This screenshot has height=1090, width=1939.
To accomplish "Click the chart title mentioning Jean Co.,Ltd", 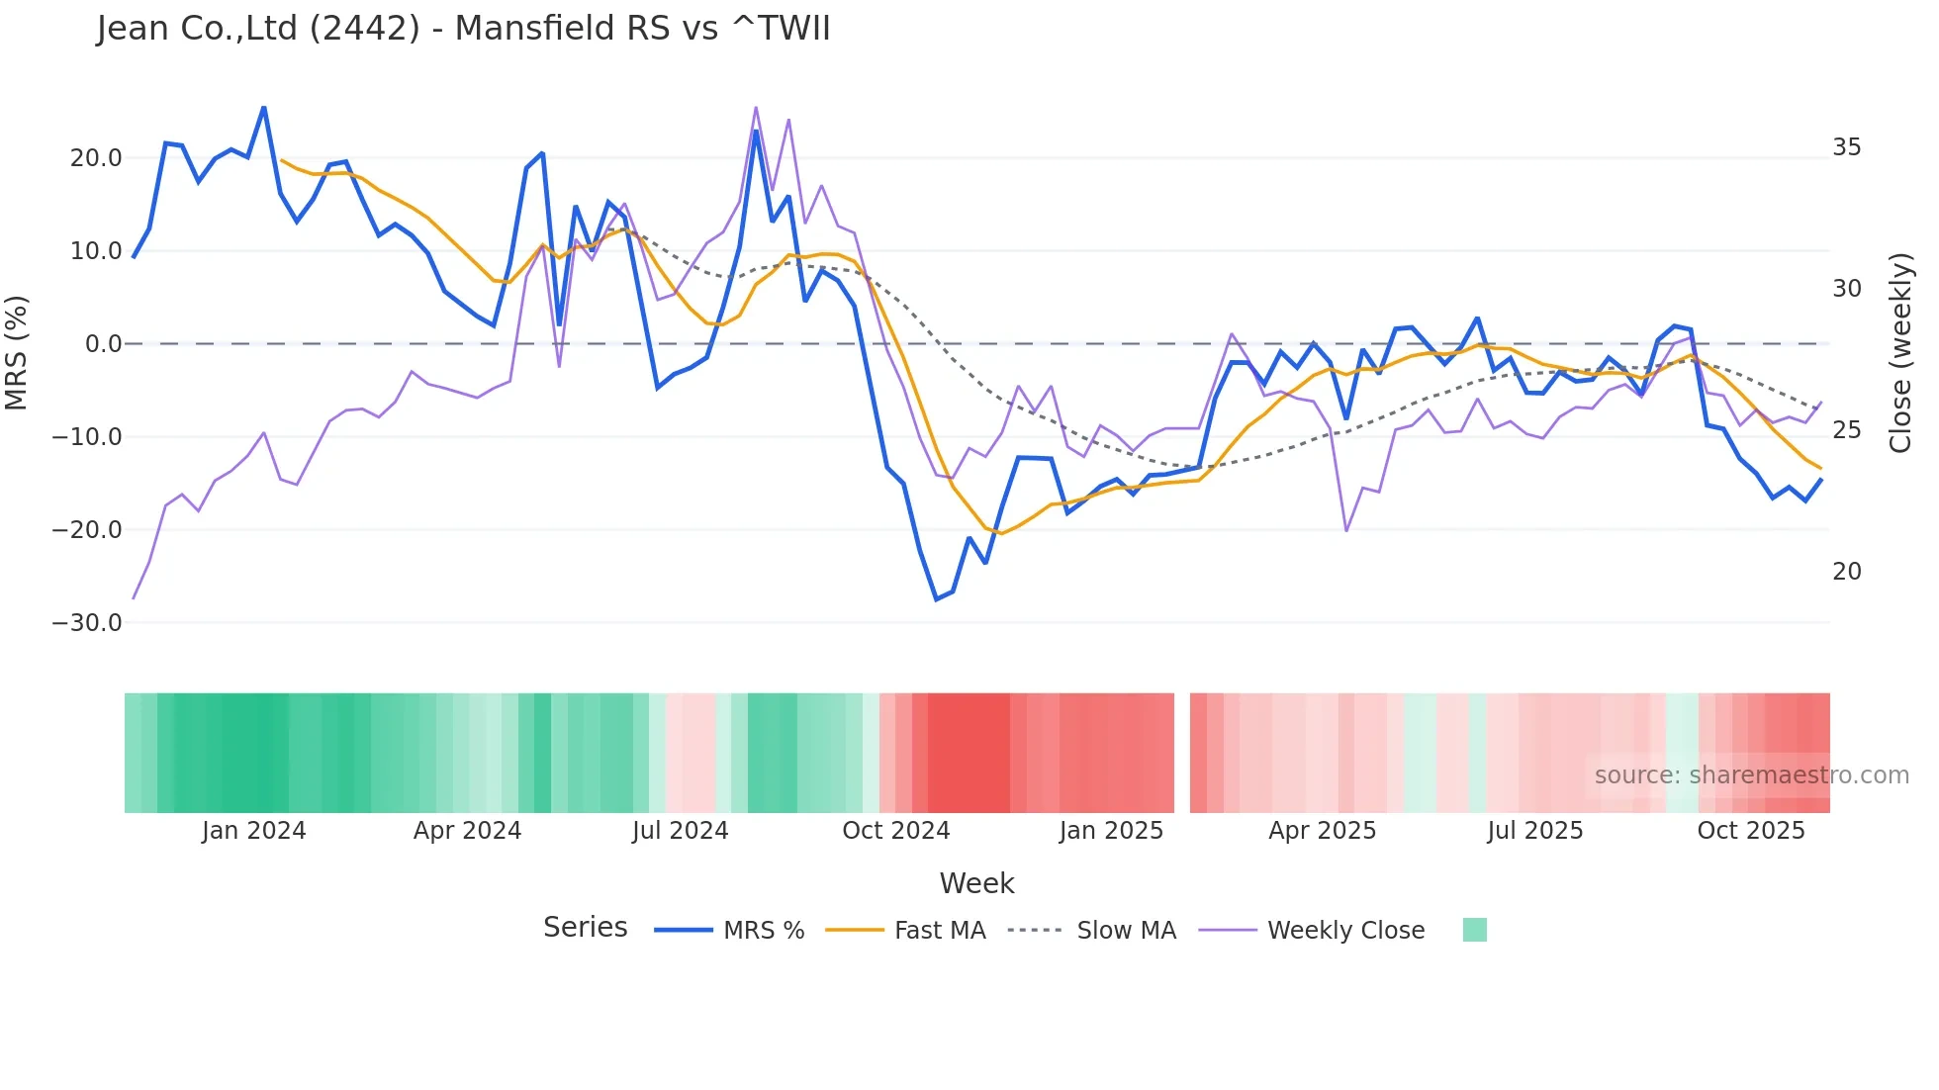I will pyautogui.click(x=463, y=29).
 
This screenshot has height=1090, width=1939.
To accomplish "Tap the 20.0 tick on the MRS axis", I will pyautogui.click(x=96, y=158).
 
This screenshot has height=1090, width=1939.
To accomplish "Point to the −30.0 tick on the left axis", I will pyautogui.click(x=87, y=623).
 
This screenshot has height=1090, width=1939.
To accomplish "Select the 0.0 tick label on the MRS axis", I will pyautogui.click(x=103, y=344).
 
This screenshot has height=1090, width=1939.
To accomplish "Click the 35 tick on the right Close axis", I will pyautogui.click(x=1846, y=147).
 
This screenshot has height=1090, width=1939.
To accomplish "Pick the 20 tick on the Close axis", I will pyautogui.click(x=1846, y=572).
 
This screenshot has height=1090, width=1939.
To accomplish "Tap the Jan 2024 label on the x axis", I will pyautogui.click(x=254, y=831).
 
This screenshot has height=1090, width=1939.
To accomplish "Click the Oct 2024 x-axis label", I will pyautogui.click(x=895, y=831).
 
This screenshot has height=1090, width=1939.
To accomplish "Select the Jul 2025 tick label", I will pyautogui.click(x=1534, y=831).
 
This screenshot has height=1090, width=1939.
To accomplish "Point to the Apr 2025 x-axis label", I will pyautogui.click(x=1322, y=831).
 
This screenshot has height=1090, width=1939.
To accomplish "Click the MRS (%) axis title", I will pyautogui.click(x=17, y=352).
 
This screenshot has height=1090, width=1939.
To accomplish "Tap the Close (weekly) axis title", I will pyautogui.click(x=1900, y=353).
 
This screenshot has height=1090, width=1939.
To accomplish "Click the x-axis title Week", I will pyautogui.click(x=976, y=883).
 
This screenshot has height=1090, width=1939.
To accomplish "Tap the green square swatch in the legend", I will pyautogui.click(x=1474, y=930).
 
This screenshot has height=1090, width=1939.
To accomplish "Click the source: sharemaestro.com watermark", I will pyautogui.click(x=1751, y=775).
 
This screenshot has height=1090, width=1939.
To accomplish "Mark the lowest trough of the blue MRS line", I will pyautogui.click(x=936, y=599).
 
